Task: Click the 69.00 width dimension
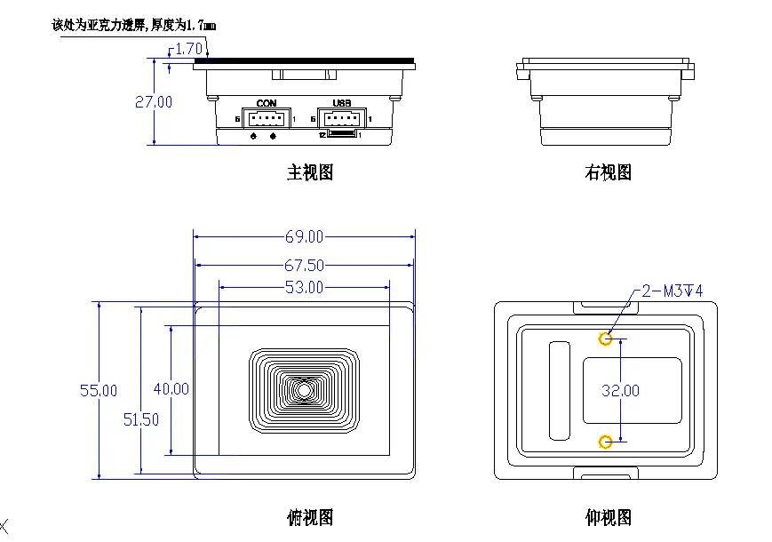point(304,237)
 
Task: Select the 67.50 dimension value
point(304,266)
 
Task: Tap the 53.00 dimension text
point(304,287)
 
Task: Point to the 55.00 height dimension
point(99,390)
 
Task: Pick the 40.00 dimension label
point(171,388)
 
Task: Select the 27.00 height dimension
point(154,102)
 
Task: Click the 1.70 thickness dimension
point(188,49)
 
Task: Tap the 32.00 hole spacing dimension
point(620,390)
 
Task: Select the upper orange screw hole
point(606,339)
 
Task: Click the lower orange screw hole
point(606,442)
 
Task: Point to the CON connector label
point(267,104)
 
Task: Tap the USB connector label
point(342,104)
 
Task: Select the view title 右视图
point(608,172)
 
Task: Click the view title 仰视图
point(608,516)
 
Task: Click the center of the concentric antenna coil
point(305,390)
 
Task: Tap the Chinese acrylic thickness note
point(133,26)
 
